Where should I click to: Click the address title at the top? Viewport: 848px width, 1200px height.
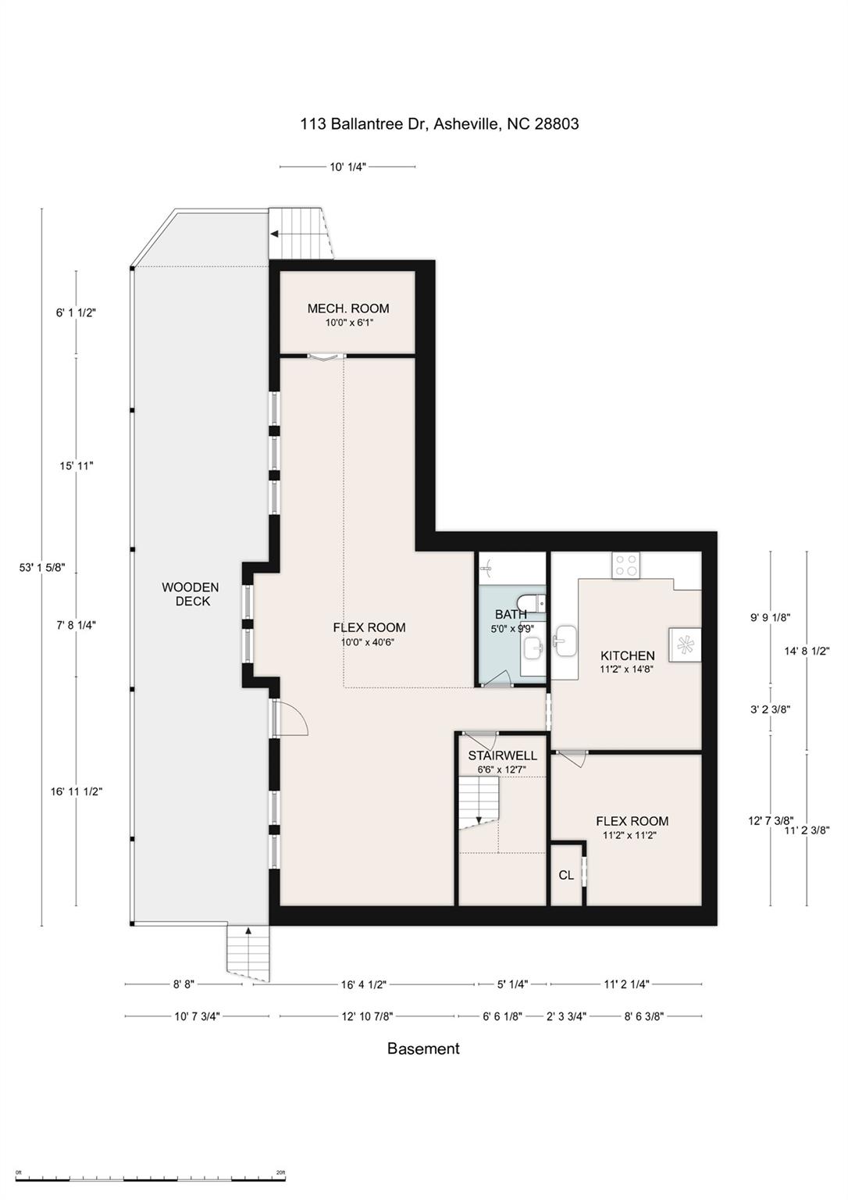(x=439, y=123)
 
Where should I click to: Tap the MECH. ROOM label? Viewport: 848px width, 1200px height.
(x=347, y=309)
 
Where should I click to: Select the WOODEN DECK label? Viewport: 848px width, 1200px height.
(x=191, y=595)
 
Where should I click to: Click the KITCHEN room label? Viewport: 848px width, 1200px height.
(x=627, y=655)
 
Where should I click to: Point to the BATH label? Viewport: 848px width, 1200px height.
(x=511, y=614)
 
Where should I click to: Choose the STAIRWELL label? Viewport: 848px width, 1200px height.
(x=502, y=755)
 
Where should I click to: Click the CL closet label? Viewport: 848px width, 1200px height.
(x=566, y=876)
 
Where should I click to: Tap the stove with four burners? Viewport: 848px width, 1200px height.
(x=626, y=564)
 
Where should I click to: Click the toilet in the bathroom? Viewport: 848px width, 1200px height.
(x=536, y=602)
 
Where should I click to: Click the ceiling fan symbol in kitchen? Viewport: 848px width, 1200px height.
(x=685, y=645)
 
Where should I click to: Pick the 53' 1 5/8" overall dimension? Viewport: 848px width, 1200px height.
(x=42, y=568)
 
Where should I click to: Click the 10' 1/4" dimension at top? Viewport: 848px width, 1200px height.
(x=347, y=166)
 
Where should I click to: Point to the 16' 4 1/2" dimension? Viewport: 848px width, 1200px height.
(x=364, y=984)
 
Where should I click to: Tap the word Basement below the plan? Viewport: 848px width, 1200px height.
(x=423, y=1049)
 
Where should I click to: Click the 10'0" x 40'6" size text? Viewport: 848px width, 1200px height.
(x=369, y=642)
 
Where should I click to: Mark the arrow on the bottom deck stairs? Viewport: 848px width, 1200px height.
(x=248, y=930)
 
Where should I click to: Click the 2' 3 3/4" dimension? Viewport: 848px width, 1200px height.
(x=566, y=1016)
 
